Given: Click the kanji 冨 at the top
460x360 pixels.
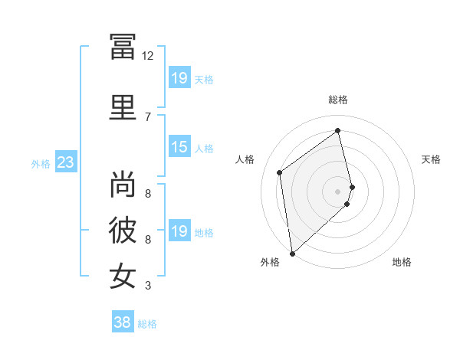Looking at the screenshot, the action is click(123, 47).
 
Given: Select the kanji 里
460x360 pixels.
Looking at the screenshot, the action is click(123, 107).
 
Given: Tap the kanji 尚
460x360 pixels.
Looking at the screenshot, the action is click(123, 184).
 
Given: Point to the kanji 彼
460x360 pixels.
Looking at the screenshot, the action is click(123, 230).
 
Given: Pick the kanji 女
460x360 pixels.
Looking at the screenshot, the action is click(123, 276).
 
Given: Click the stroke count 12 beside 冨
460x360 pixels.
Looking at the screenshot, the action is click(147, 56).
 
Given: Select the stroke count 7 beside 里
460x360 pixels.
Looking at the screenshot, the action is click(148, 117).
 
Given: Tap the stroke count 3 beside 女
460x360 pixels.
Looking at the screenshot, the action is click(148, 286).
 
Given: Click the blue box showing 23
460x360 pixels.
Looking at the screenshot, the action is click(66, 162).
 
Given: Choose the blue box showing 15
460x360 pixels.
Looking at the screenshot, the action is click(179, 146).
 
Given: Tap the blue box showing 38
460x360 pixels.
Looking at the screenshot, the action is click(123, 321).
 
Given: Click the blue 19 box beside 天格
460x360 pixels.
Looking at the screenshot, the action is click(179, 77).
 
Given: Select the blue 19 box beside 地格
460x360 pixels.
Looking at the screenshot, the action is click(179, 230).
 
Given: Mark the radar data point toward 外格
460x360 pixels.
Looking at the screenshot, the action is click(292, 254).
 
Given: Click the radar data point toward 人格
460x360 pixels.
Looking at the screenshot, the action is click(279, 172).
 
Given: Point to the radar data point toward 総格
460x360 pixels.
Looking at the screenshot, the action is click(337, 130).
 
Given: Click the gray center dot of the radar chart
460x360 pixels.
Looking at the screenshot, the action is click(337, 191).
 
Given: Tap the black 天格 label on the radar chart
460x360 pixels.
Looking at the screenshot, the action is click(431, 159).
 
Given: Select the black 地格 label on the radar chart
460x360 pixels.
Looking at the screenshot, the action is click(402, 262).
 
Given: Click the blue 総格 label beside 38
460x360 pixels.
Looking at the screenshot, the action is click(147, 324).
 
